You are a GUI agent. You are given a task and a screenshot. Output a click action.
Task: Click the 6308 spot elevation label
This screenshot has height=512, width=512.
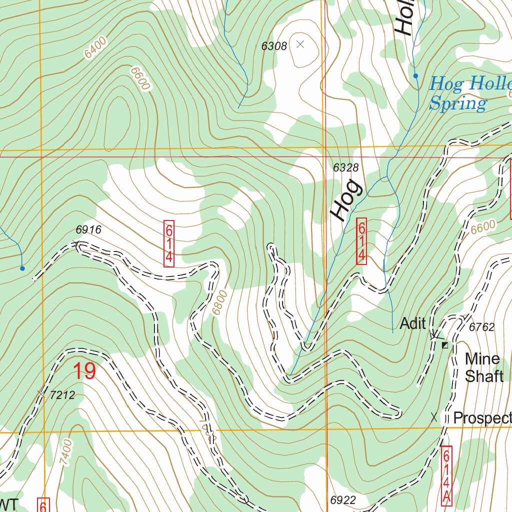click(274, 46)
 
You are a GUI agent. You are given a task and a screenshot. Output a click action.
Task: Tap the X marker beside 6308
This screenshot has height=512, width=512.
click(300, 44)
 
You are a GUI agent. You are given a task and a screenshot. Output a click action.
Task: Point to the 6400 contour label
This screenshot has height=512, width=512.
click(95, 48)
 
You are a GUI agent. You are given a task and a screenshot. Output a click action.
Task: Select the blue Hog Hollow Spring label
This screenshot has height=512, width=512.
click(465, 93)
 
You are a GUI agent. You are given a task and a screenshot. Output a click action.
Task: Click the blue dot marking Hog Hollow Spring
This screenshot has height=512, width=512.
click(415, 76)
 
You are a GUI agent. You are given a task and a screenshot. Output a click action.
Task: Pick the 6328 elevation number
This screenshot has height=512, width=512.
click(346, 167)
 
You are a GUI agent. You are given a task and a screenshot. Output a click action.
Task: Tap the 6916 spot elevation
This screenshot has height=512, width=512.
click(88, 230)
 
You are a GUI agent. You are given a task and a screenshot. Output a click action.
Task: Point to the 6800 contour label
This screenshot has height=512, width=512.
click(219, 303)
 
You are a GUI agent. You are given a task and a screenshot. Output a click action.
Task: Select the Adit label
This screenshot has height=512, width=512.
click(413, 323)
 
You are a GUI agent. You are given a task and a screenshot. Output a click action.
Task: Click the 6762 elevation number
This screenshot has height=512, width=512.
click(481, 327)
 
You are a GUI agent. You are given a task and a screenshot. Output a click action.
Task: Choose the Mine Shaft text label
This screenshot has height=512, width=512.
click(483, 367)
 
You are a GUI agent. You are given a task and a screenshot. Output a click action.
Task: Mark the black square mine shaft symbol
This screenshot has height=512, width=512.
click(444, 345)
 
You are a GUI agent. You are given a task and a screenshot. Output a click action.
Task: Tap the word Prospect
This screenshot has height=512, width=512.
click(481, 418)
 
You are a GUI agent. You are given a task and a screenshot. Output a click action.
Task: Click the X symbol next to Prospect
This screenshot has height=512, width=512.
click(434, 416)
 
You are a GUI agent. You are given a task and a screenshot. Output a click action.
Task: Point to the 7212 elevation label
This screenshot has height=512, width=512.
click(62, 395)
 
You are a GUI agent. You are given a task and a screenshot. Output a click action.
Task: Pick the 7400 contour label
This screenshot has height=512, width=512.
click(66, 452)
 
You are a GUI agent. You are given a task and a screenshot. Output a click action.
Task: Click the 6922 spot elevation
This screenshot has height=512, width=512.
click(342, 500)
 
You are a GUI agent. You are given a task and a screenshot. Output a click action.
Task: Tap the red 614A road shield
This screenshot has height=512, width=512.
click(446, 475)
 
